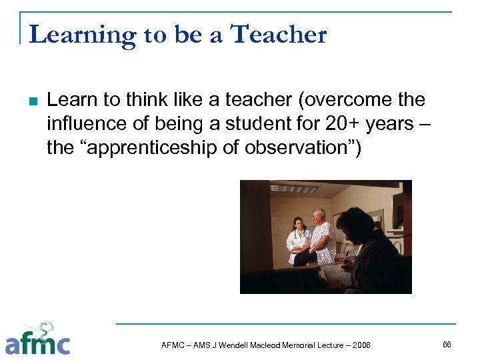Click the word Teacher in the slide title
point(278,35)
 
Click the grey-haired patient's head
point(319,215)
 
